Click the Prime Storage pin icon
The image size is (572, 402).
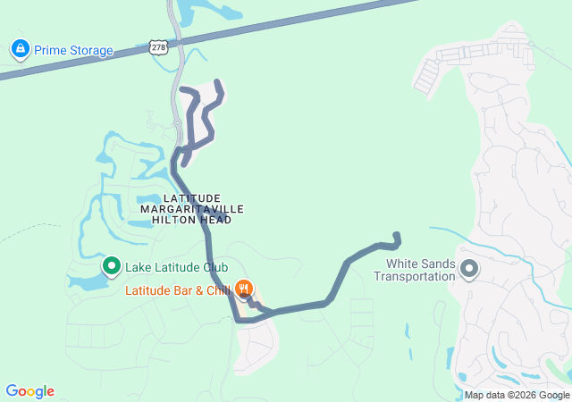click(19, 49)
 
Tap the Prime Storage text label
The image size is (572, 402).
click(74, 51)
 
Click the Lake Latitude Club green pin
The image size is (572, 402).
click(112, 265)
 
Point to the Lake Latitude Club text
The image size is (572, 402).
click(177, 267)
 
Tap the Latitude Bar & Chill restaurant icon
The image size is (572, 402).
click(244, 289)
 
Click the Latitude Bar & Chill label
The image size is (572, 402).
click(178, 290)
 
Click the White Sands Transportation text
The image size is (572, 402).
click(421, 270)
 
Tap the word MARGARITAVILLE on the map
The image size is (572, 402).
click(192, 208)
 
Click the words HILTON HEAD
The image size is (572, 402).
click(192, 219)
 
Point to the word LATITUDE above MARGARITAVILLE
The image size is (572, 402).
click(192, 197)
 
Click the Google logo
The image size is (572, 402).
click(29, 391)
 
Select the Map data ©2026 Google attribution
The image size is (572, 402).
click(517, 395)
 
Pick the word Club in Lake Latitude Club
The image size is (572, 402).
click(215, 267)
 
